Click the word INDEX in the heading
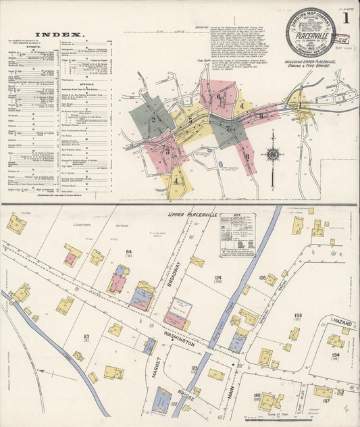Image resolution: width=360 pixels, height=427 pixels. click(59, 34)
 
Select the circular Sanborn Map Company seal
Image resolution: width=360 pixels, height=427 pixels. click(310, 32)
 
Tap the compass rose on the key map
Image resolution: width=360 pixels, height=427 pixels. click(272, 155)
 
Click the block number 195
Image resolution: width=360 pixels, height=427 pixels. click(316, 316)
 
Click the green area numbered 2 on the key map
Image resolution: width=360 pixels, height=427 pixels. click(153, 120)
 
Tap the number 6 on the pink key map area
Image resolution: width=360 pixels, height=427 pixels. click(218, 96)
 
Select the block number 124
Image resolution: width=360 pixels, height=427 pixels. click(217, 278)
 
